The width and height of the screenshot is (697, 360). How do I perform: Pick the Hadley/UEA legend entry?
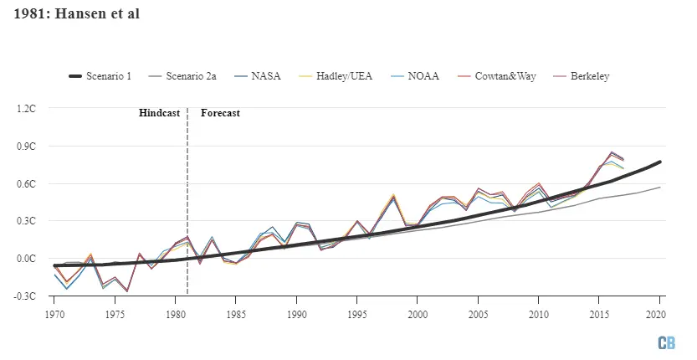pyautogui.click(x=341, y=76)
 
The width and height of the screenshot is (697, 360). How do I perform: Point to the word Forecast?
pyautogui.click(x=220, y=113)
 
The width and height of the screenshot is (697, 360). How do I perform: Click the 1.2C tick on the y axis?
pyautogui.click(x=26, y=108)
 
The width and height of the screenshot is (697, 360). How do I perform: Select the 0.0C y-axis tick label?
pyautogui.click(x=26, y=259)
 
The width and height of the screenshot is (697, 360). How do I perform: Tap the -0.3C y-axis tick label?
pyautogui.click(x=25, y=296)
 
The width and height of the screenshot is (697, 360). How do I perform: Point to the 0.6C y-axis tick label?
pyautogui.click(x=26, y=183)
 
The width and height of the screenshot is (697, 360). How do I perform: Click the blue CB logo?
pyautogui.click(x=666, y=342)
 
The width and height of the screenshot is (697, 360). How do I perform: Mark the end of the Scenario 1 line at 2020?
pyautogui.click(x=660, y=162)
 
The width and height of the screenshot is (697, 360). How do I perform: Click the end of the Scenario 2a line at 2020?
pyautogui.click(x=660, y=187)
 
